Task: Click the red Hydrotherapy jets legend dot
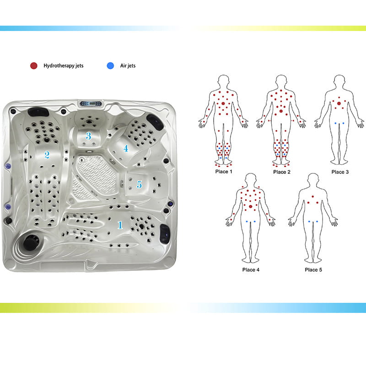(x=34, y=66)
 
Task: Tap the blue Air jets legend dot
(x=110, y=66)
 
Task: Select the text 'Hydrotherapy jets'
(x=64, y=66)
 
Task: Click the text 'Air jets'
(x=128, y=66)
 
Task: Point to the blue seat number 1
(x=120, y=225)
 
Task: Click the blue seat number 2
(x=47, y=155)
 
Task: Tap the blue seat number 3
(x=88, y=136)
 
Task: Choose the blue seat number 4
(x=126, y=148)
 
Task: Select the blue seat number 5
(x=140, y=184)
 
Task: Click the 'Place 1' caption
(x=224, y=172)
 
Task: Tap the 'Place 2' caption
(x=282, y=172)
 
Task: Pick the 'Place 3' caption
(x=340, y=172)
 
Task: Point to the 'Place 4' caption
(x=251, y=270)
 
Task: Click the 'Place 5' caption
(x=313, y=270)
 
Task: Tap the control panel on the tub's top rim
(x=91, y=103)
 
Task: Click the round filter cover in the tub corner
(x=31, y=242)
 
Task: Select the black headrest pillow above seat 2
(x=38, y=112)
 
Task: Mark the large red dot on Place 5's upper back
(x=313, y=197)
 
